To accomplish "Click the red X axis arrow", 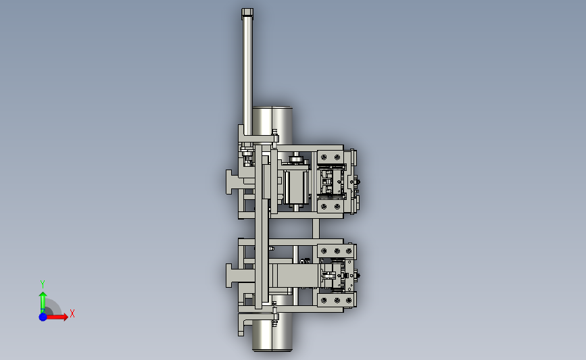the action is (56, 317).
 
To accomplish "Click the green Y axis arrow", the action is (43, 303).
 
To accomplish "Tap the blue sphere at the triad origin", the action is (43, 317).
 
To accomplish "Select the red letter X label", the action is (72, 313).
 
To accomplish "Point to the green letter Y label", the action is (43, 284).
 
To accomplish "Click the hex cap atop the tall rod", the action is (247, 13).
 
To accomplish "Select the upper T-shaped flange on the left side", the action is (235, 182).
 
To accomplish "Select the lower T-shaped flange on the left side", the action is (235, 276).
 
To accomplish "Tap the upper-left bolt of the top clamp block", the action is (324, 157).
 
